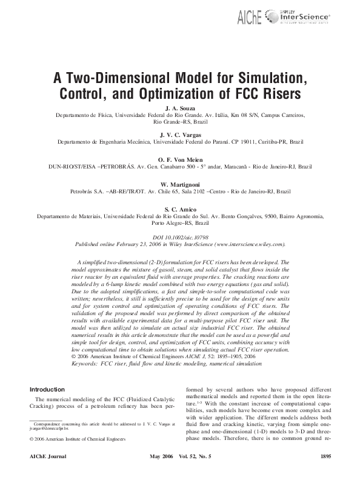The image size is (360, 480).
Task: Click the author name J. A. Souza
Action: tap(179, 107)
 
